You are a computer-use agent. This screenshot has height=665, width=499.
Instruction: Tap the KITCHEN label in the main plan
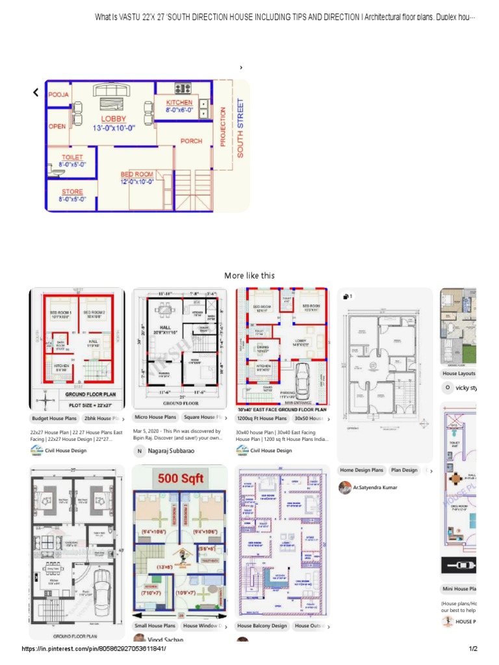coord(179,103)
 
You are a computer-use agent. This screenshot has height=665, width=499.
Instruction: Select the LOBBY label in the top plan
coord(114,119)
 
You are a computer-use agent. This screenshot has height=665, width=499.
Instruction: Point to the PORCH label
coord(191,141)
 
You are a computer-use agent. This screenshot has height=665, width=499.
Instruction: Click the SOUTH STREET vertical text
coord(240,128)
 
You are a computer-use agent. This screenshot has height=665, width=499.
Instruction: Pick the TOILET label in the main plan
coord(72,158)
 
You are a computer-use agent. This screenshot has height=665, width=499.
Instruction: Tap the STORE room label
coord(72,192)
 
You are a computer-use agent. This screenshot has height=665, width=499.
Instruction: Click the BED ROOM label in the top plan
coord(137,174)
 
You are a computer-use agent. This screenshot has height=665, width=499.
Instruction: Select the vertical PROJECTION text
coord(223,127)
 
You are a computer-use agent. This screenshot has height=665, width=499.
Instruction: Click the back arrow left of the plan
coord(36,93)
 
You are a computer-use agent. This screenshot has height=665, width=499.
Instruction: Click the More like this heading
coord(249,275)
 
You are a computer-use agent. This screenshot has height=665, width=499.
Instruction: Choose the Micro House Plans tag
coord(155,417)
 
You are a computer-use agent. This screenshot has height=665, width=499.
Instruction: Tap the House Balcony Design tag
coord(262,626)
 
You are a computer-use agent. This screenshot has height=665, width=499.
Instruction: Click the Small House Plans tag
coord(155,626)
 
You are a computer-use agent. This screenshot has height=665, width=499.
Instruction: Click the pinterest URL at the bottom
coord(98,649)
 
